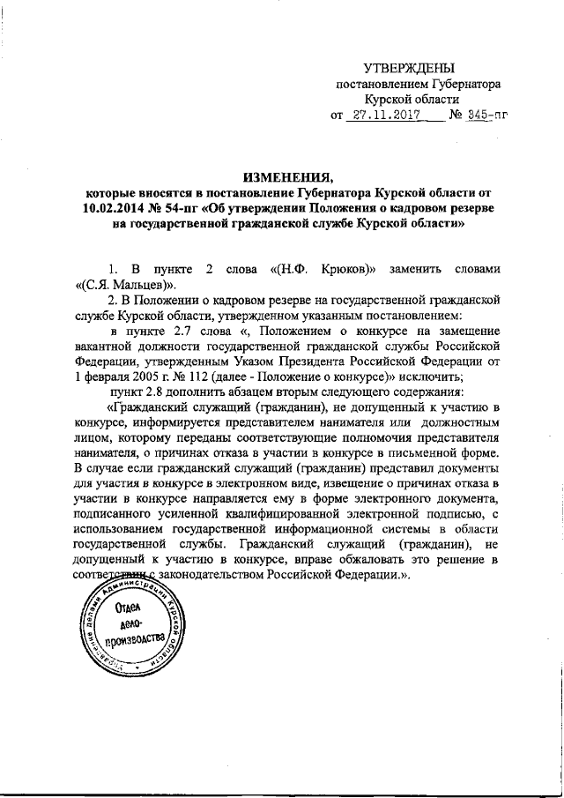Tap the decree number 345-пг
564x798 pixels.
[487, 115]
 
